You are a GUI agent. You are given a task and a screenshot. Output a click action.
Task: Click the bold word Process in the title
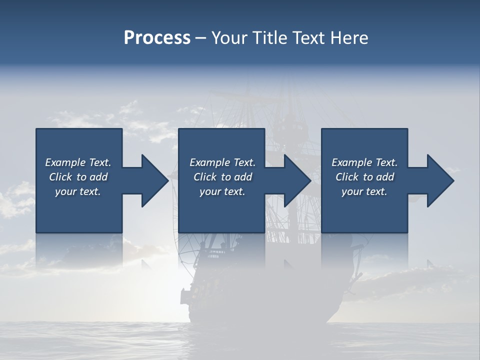point(157,38)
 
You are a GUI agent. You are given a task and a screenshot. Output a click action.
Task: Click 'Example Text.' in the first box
point(78,162)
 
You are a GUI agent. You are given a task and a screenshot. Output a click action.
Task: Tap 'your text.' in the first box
point(78,191)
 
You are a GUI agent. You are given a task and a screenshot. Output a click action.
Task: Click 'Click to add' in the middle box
point(222,177)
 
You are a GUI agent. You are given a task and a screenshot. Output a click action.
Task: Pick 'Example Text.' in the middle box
point(222,162)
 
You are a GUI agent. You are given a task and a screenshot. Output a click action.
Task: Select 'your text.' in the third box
point(364,191)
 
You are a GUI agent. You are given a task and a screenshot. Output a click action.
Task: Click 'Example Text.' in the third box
point(364,162)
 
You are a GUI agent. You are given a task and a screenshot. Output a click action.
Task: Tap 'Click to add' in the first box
point(78,177)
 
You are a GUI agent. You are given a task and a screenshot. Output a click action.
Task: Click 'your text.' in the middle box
point(222,191)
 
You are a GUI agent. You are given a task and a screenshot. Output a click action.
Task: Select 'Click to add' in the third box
point(364,177)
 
